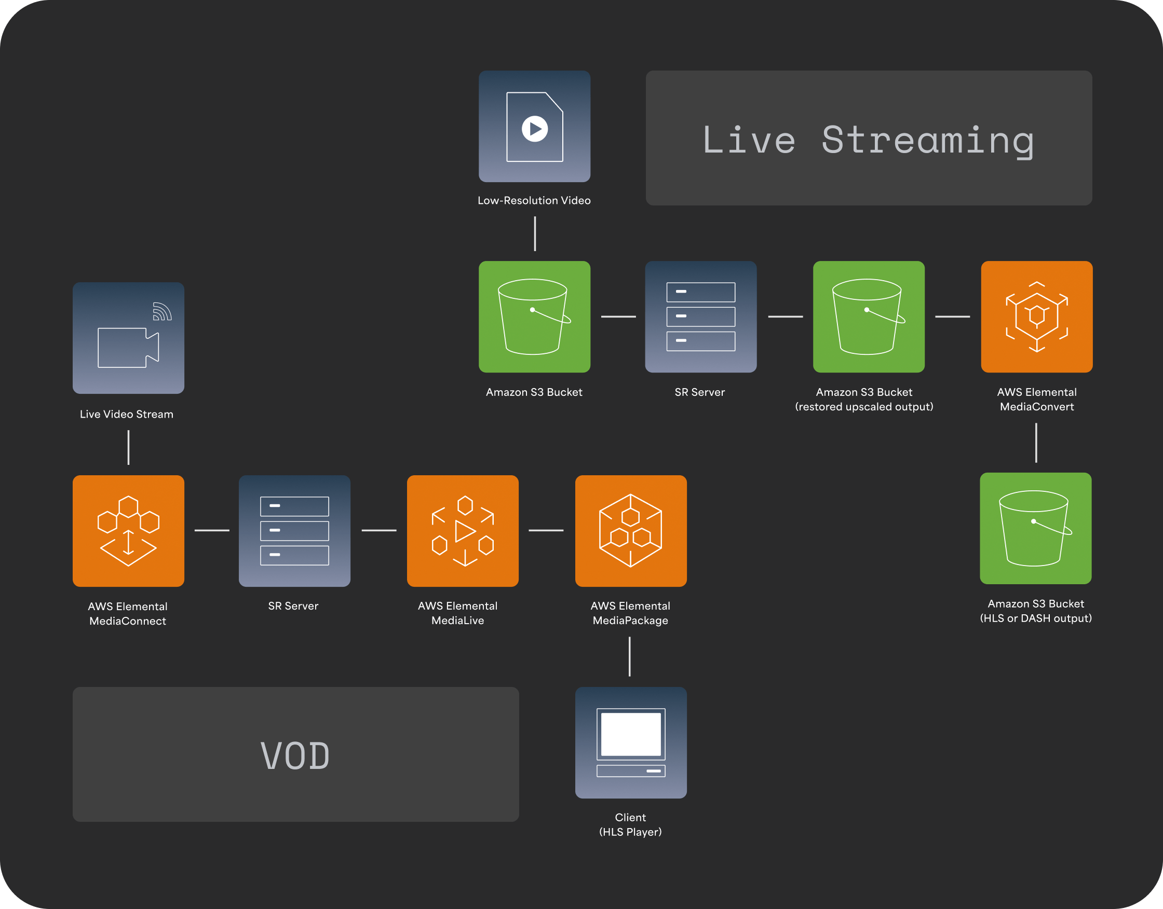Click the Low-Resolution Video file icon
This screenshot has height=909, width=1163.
(534, 126)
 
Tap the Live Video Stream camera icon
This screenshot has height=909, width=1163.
(128, 338)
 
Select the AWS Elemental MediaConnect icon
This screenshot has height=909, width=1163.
(128, 531)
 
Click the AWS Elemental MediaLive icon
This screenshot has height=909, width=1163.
(463, 531)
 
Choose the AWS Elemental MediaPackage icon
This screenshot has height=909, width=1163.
(631, 531)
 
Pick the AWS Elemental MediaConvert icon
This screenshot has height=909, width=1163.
(1037, 316)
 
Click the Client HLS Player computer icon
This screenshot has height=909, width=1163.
(631, 742)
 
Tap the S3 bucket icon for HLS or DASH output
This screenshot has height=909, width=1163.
(1036, 529)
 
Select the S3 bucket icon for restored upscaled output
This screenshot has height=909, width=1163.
(869, 316)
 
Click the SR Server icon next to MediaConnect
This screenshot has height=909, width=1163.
(294, 531)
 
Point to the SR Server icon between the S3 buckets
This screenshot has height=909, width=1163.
(701, 316)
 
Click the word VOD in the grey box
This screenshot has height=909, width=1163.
(295, 756)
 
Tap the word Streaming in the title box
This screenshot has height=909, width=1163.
(928, 141)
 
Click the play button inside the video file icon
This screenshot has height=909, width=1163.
(535, 129)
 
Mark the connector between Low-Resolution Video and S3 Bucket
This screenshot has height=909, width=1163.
(535, 233)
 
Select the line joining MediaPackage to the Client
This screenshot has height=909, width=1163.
(629, 657)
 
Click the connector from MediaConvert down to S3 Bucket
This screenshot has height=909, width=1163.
(1036, 443)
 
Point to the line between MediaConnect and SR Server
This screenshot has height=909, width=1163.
(212, 530)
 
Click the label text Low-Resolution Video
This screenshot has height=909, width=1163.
(534, 201)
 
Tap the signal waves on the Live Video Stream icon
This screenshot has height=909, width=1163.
(162, 311)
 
